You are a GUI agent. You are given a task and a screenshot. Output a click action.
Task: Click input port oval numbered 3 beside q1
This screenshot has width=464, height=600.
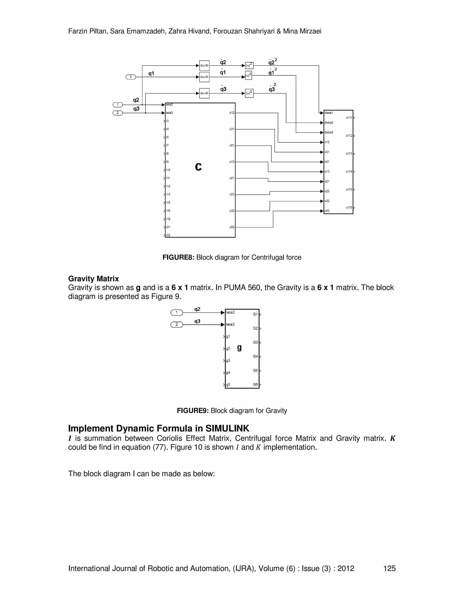(x=130, y=77)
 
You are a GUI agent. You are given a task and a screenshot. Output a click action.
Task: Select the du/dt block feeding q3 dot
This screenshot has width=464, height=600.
(x=204, y=93)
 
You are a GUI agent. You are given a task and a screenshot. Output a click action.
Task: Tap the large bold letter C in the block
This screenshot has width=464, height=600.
(x=198, y=167)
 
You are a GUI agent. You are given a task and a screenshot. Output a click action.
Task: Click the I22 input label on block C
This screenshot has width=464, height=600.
(x=168, y=235)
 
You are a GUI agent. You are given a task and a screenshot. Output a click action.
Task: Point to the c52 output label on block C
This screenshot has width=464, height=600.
(x=232, y=227)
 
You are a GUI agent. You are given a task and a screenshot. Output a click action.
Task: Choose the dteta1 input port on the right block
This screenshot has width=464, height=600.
(x=329, y=113)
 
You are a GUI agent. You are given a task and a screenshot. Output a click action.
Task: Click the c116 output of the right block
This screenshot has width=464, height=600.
(x=349, y=208)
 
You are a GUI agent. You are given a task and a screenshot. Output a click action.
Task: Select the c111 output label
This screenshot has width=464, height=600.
(x=349, y=118)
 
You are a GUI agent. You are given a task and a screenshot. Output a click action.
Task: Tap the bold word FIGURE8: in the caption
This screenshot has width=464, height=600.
(x=178, y=257)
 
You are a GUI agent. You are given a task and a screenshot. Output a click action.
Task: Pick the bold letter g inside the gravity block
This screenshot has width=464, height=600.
(x=239, y=348)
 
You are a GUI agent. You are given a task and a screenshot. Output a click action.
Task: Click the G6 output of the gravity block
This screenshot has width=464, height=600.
(x=256, y=385)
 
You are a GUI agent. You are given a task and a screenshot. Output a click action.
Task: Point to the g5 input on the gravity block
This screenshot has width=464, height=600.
(x=228, y=385)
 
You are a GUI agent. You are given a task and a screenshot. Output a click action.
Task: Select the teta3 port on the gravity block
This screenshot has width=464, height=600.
(x=230, y=324)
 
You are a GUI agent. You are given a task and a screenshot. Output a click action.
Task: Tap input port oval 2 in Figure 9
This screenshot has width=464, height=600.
(x=177, y=325)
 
